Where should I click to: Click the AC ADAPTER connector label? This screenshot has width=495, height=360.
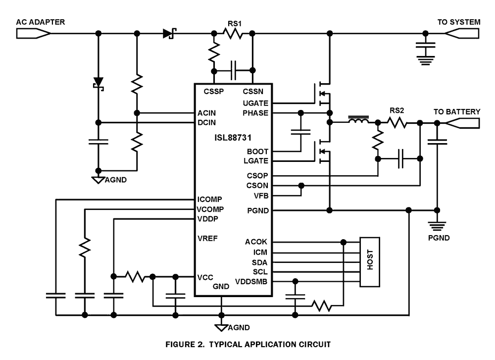pos(41,22)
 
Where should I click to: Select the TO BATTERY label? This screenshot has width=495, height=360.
pos(456,112)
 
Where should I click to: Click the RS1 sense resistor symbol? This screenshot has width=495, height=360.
pos(233,34)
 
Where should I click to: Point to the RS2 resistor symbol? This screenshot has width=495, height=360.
pos(398,122)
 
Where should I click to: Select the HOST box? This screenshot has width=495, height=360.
pos(371,261)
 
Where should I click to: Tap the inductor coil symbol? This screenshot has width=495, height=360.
pos(359,121)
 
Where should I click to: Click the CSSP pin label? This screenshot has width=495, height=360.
pos(214,91)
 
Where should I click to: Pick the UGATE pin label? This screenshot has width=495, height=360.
pos(255,103)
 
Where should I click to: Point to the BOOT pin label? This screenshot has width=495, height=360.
pos(257,151)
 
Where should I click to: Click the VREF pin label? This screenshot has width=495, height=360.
pos(207,238)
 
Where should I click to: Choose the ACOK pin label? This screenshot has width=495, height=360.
pos(256,242)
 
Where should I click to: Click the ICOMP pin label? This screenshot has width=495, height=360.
pos(209,200)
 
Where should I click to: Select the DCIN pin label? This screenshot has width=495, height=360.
pos(206,122)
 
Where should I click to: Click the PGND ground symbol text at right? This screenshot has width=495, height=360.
pos(439,238)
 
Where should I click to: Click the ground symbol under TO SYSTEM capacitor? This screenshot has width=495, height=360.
pos(425,61)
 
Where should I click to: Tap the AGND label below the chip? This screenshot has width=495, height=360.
pos(239,328)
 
